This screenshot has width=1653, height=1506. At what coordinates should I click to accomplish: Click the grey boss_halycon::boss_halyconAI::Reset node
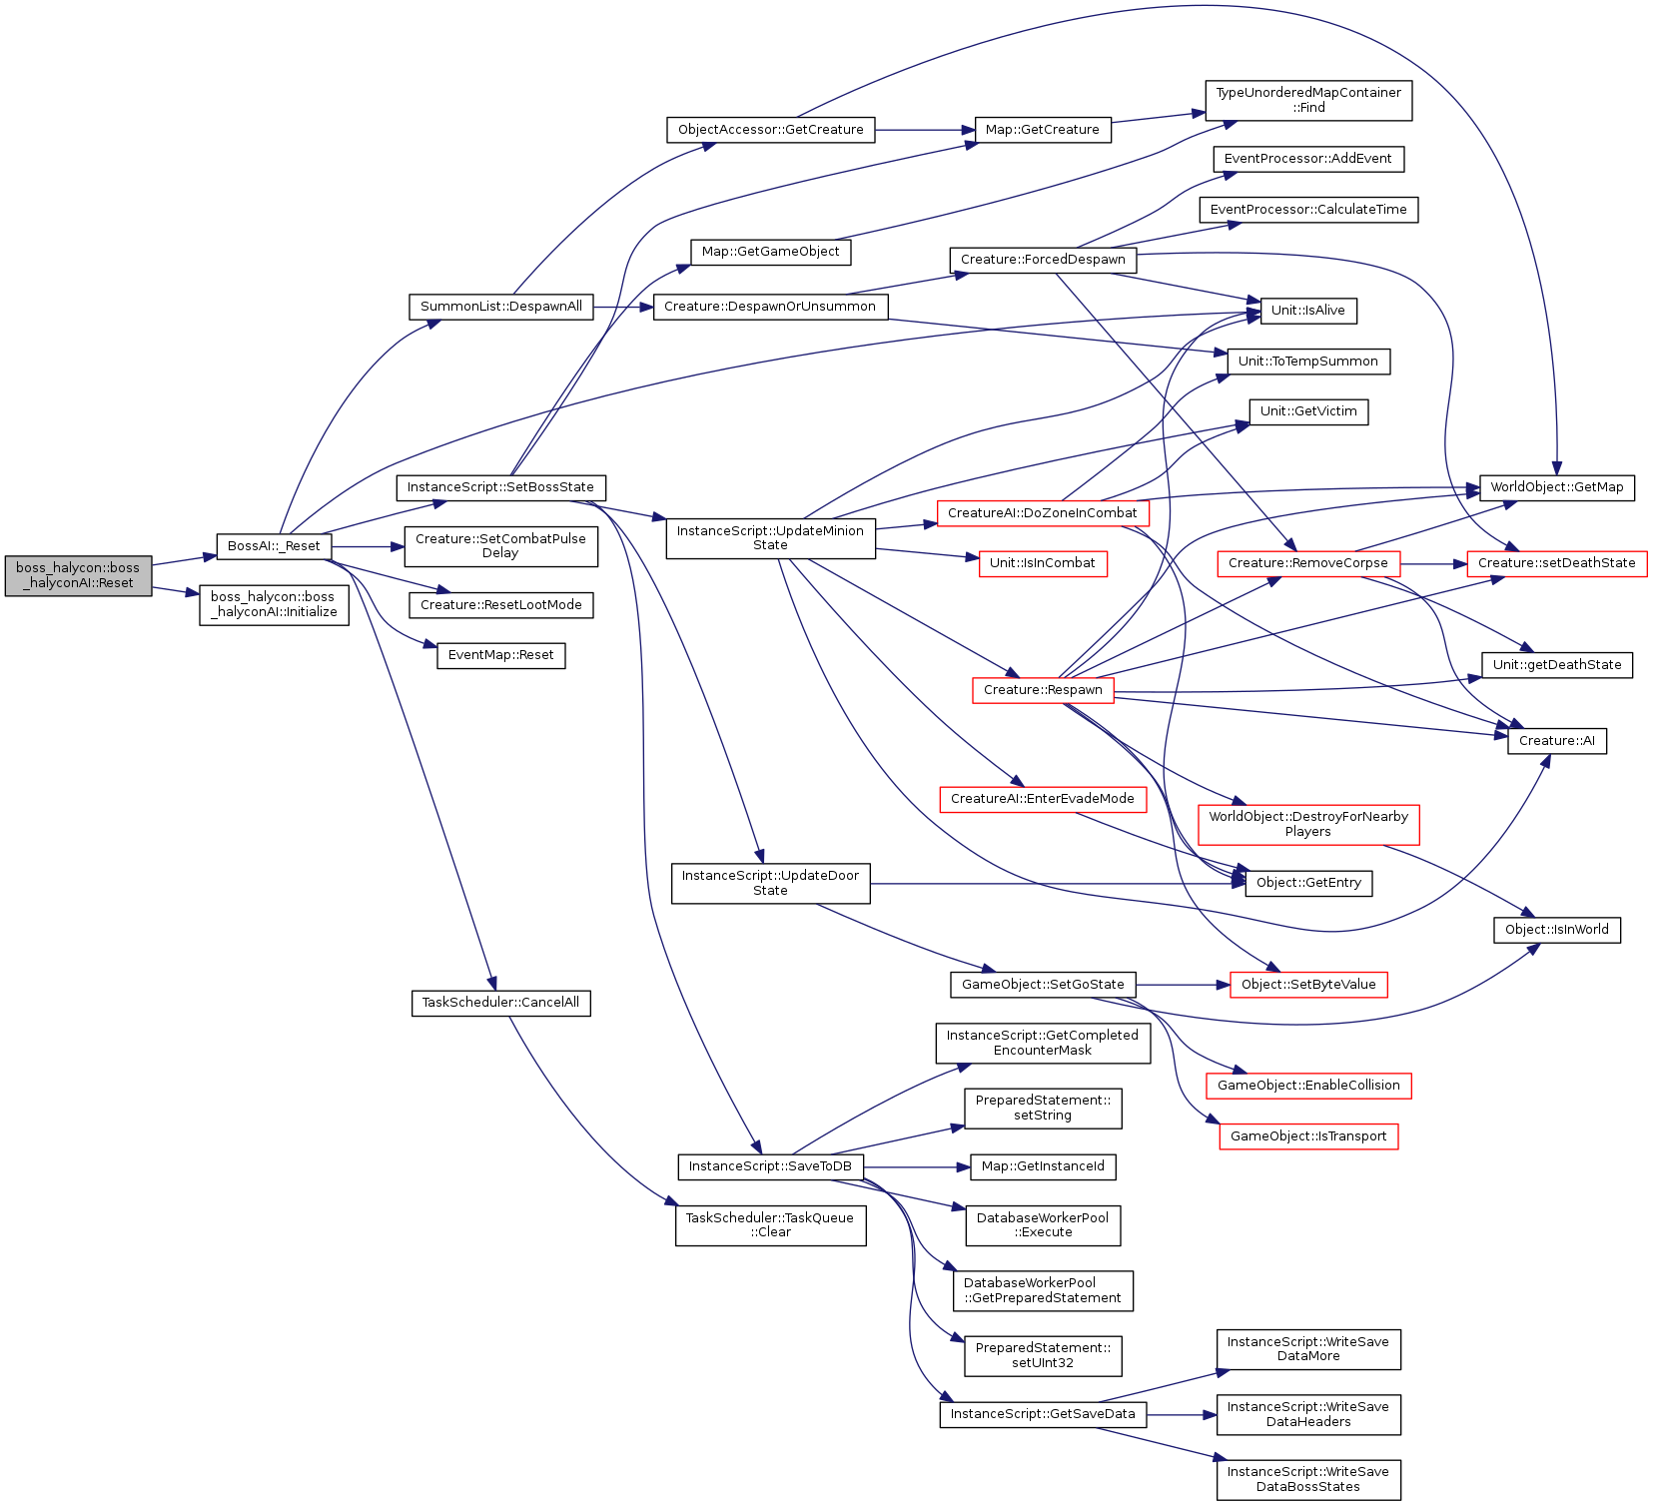[x=78, y=575]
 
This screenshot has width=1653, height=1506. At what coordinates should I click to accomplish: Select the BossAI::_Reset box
[x=274, y=546]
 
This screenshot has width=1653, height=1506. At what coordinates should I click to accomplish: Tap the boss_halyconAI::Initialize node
[x=274, y=604]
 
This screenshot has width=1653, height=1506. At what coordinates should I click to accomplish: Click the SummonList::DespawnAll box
[x=501, y=307]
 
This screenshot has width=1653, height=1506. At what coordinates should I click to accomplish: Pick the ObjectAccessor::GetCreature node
[x=771, y=130]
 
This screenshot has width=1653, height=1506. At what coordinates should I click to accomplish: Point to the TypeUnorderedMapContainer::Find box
[x=1308, y=100]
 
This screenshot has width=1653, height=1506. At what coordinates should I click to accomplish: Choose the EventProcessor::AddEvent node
[x=1308, y=159]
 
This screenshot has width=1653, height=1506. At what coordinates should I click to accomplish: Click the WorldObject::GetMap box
[x=1557, y=487]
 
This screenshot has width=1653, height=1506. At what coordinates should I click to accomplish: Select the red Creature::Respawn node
[x=1043, y=690]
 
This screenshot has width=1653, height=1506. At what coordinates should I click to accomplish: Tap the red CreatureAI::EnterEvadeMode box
[x=1043, y=799]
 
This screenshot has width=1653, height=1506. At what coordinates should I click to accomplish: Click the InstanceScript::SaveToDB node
[x=770, y=1166]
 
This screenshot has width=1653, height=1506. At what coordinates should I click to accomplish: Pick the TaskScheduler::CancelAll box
[x=501, y=1003]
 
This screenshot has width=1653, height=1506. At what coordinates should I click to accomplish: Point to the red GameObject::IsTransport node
[x=1308, y=1136]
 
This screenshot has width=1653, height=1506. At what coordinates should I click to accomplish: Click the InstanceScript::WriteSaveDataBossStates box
[x=1308, y=1479]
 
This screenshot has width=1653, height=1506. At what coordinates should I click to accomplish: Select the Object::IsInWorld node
[x=1557, y=930]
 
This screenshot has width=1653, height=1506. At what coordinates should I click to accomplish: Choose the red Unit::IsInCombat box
[x=1043, y=563]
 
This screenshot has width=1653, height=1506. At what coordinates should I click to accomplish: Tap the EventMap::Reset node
[x=501, y=655]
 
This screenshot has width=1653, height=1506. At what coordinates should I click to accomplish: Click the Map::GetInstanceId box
[x=1043, y=1166]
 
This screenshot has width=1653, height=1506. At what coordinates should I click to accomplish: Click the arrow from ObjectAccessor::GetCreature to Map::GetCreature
[x=925, y=130]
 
